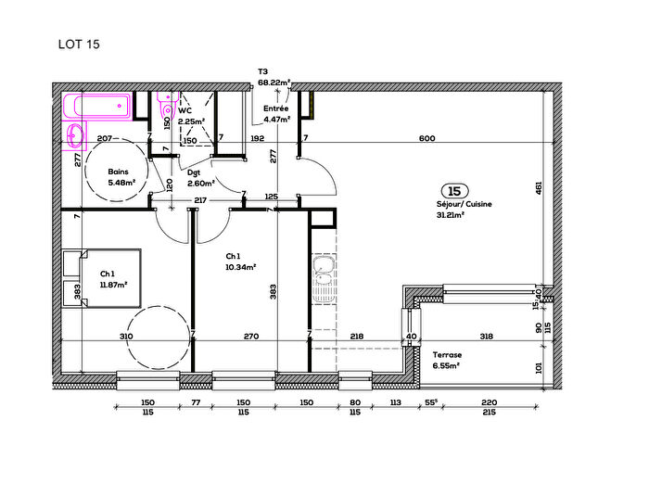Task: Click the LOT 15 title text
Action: (79, 43)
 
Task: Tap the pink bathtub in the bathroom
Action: (97, 106)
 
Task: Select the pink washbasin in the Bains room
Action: (73, 136)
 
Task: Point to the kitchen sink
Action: (323, 275)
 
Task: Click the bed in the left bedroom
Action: (102, 279)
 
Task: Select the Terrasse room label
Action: (447, 355)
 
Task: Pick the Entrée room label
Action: (275, 108)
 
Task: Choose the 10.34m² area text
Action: (240, 267)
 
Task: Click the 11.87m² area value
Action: (113, 285)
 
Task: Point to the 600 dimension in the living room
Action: (426, 139)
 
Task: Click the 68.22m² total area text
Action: (274, 82)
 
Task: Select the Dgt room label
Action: (194, 172)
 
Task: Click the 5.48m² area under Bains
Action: (121, 183)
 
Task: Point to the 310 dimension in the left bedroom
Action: (126, 337)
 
